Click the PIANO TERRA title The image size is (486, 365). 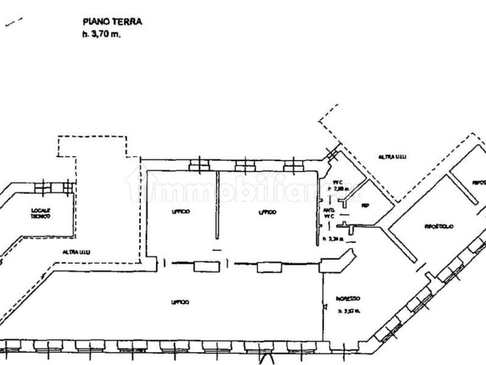click(x=112, y=21)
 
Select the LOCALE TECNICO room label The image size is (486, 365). click(x=41, y=213)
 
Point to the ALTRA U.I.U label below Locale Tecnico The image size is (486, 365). click(x=76, y=252)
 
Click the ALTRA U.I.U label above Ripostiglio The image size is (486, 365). click(x=393, y=156)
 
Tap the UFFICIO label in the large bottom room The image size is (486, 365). click(x=181, y=302)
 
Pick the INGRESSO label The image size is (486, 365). click(x=348, y=298)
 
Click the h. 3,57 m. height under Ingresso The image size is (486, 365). click(x=349, y=311)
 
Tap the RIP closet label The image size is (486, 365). click(x=365, y=205)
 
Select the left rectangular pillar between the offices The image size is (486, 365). click(x=206, y=267)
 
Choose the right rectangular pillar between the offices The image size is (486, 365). click(x=269, y=267)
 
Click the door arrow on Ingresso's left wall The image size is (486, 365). click(x=325, y=307)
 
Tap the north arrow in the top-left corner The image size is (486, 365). click(x=14, y=22)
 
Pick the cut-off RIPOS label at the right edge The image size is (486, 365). click(x=478, y=182)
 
